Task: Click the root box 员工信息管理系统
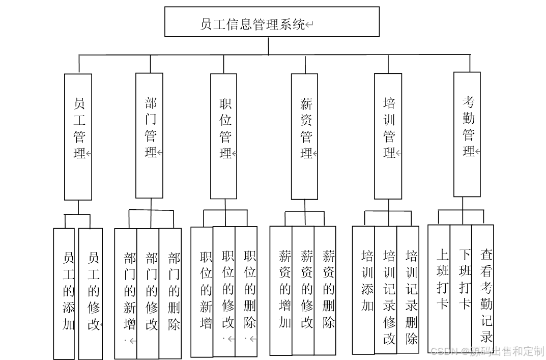point(272,22)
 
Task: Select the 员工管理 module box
point(78,136)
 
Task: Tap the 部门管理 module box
point(149,135)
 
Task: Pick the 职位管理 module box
point(223,136)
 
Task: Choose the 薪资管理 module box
point(304,136)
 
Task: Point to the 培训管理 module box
point(388,136)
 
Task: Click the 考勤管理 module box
point(467,134)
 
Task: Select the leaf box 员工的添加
point(64,293)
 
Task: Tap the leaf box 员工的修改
point(91,293)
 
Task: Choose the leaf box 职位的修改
point(224,291)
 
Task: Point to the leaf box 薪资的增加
point(281,290)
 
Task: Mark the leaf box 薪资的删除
point(325,290)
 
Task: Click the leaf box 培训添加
point(363,290)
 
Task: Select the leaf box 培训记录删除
point(408,289)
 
